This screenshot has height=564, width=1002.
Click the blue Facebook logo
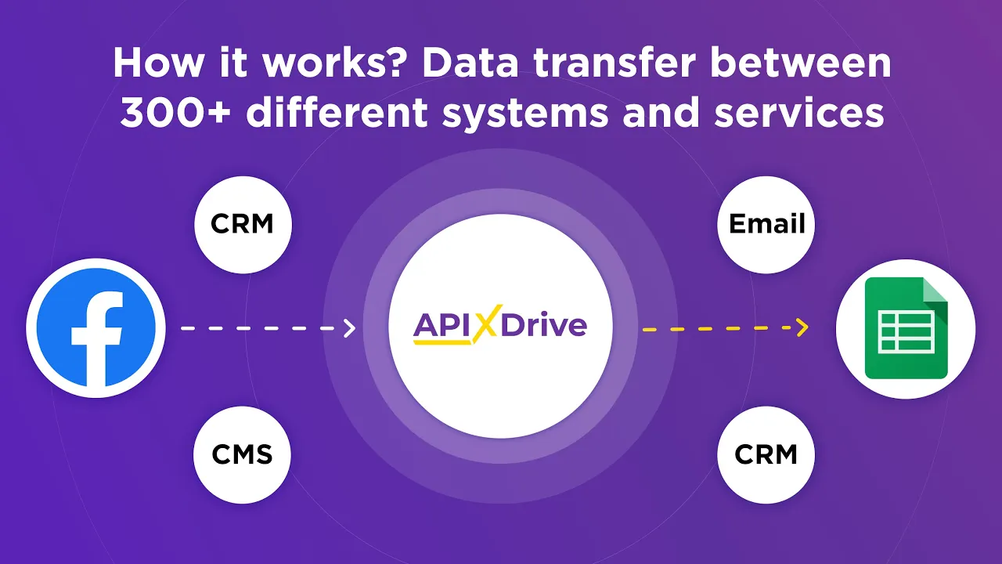click(96, 327)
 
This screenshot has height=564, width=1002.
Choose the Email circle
click(766, 225)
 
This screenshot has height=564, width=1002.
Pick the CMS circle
click(243, 454)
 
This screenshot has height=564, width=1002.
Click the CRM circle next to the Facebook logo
click(243, 225)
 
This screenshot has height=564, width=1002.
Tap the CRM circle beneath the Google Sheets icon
click(766, 454)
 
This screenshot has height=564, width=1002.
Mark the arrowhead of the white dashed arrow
click(350, 328)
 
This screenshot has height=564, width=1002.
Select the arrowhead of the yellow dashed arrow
click(802, 328)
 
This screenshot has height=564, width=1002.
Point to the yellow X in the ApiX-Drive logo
click(485, 324)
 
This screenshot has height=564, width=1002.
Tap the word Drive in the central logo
click(543, 324)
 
